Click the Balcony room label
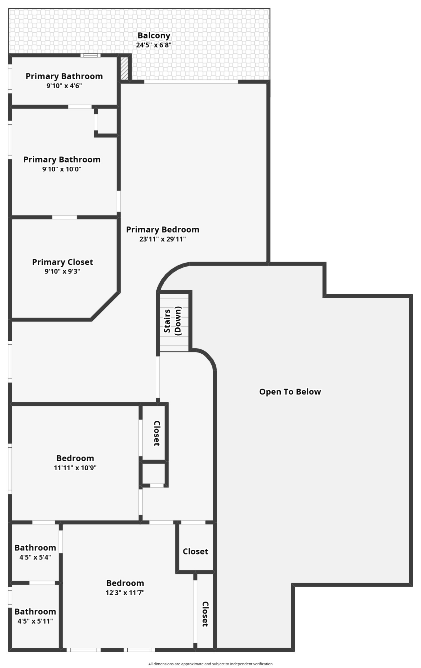coord(154,35)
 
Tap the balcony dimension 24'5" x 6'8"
coord(154,45)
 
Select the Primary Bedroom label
coord(162,229)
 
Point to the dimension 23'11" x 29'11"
coord(162,239)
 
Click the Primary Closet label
coord(62,262)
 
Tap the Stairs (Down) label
coord(172,321)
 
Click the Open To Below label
coord(290,391)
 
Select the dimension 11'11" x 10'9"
coord(75,468)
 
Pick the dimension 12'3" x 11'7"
coord(125,593)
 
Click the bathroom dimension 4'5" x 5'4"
coord(35,557)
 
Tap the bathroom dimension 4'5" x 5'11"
coord(35,621)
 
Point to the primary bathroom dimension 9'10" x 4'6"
coord(64,86)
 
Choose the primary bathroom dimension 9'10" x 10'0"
coord(62,169)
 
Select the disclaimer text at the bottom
coord(210,664)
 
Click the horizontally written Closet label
coord(195,551)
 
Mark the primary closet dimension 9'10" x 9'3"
coord(62,271)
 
